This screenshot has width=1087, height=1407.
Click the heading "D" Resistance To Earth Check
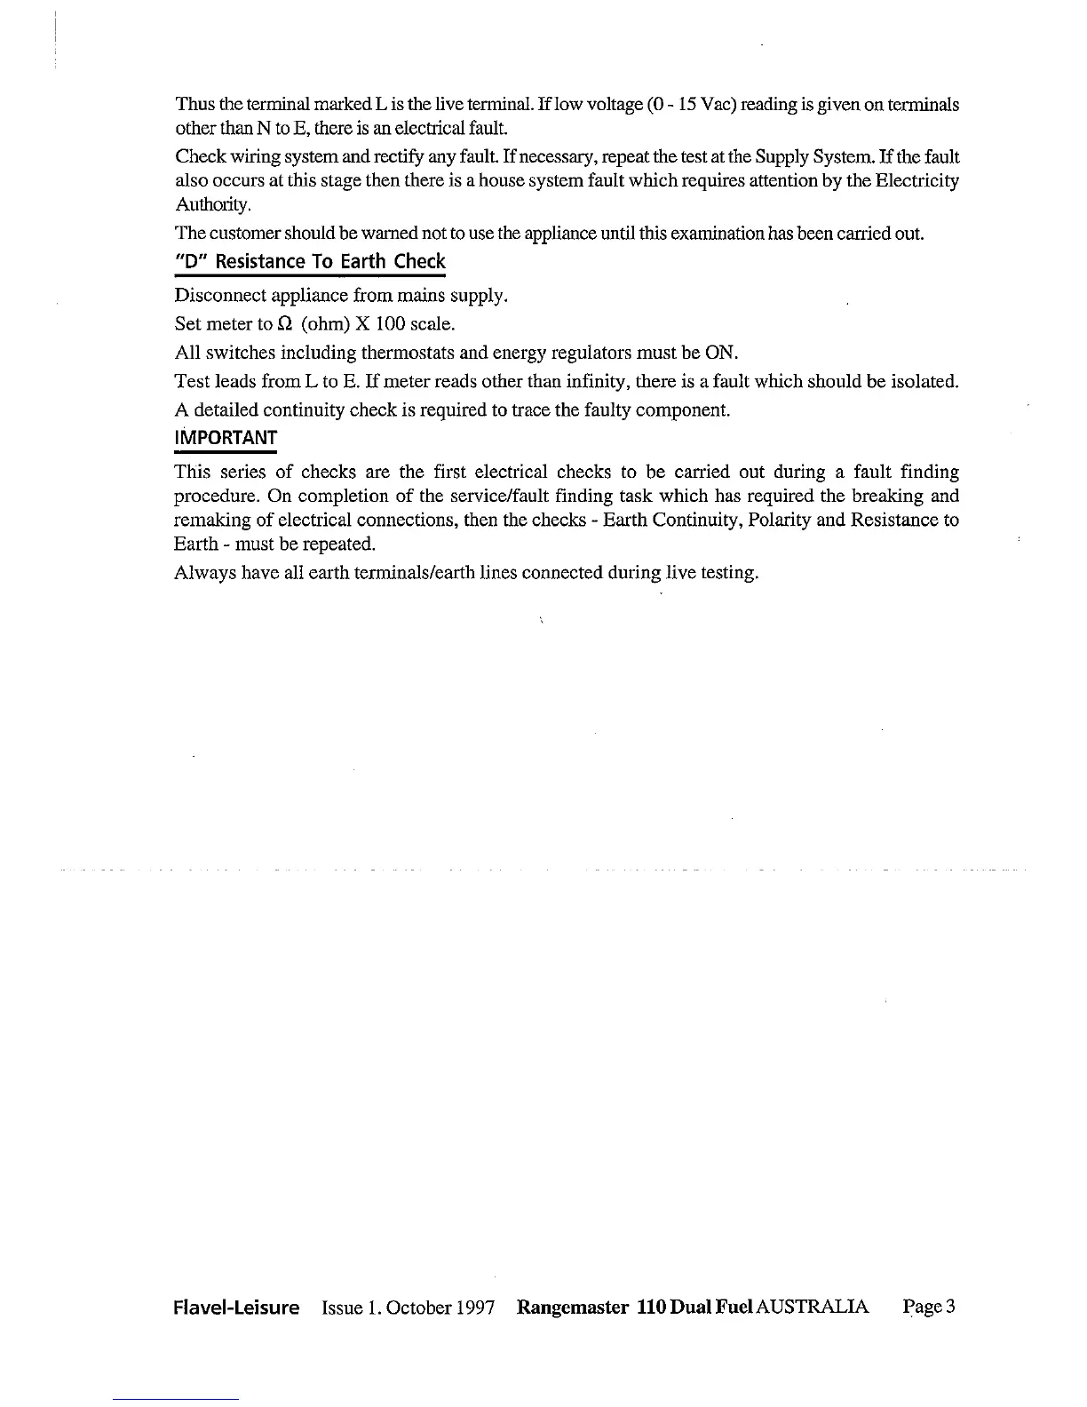(x=310, y=262)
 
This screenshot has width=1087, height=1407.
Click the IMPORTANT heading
(x=226, y=438)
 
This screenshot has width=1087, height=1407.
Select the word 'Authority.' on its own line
(x=202, y=205)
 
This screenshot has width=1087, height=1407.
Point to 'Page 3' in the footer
(x=928, y=1307)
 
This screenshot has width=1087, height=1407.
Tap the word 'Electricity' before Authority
(x=918, y=181)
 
